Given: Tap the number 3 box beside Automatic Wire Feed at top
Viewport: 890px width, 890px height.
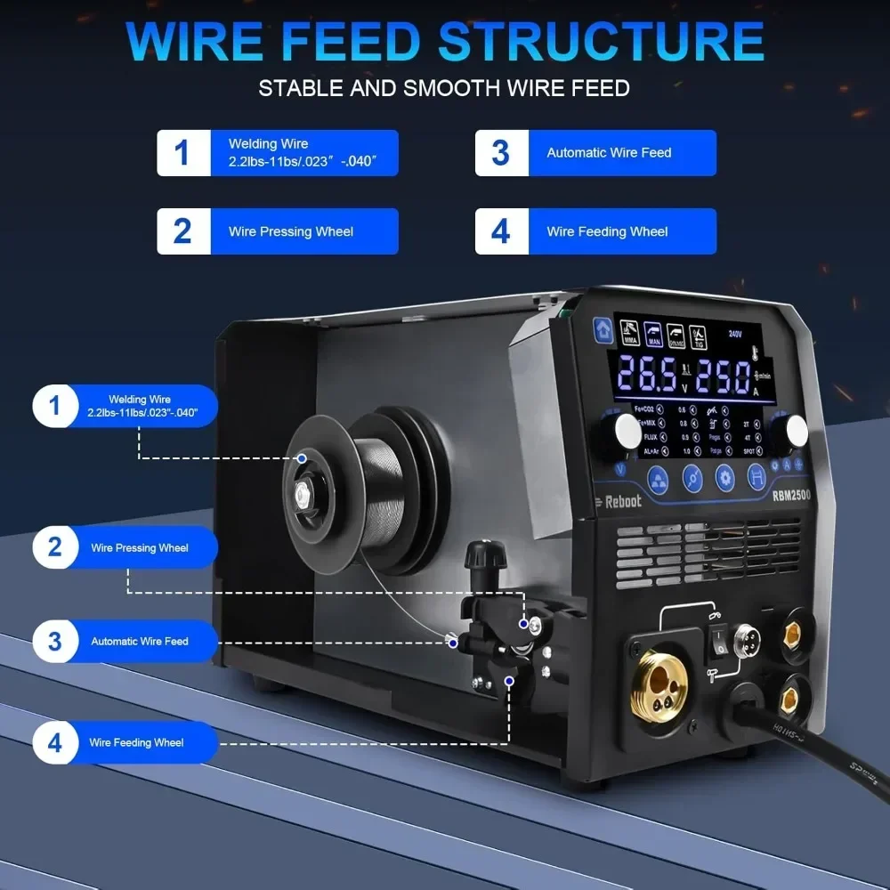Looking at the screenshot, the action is [x=501, y=153].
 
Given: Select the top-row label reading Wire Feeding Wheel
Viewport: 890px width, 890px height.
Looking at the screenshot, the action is [x=607, y=231].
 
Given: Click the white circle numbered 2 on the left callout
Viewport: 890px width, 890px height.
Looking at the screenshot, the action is [x=55, y=546].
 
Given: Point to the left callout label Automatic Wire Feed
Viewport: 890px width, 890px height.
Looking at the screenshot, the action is [x=140, y=641].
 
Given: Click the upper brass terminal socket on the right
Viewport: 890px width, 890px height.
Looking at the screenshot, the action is [x=790, y=633].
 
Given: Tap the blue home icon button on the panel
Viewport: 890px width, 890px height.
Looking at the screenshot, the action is [x=603, y=328].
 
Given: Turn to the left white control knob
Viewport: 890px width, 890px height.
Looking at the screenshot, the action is [x=627, y=432].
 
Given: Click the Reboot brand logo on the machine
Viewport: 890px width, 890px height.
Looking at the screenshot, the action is [x=618, y=500].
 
